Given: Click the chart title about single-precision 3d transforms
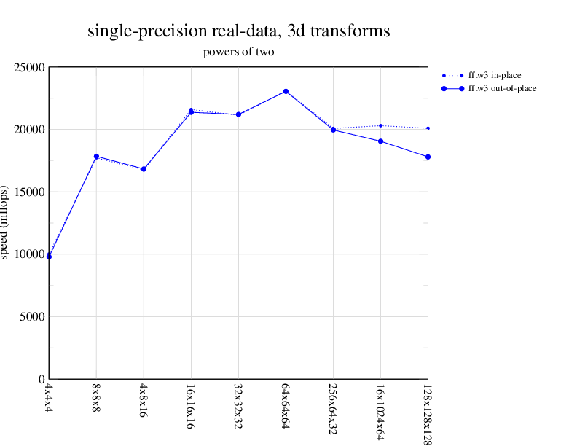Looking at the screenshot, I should [x=239, y=31].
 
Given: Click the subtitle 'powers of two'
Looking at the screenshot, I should [x=238, y=52].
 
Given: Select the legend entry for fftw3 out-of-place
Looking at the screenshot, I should [x=501, y=88].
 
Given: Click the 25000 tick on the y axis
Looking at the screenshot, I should [x=31, y=68].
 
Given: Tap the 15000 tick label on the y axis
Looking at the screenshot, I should [x=31, y=192].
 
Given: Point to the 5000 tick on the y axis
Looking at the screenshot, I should [x=34, y=317].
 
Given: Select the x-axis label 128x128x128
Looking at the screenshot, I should [x=428, y=412].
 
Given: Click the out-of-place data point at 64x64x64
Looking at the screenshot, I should [x=286, y=92].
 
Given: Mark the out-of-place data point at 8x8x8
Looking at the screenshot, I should [x=96, y=157].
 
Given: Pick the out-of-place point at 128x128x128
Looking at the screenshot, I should [x=428, y=157].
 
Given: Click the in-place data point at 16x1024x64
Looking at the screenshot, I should [x=380, y=125].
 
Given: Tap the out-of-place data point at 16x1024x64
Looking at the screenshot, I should [x=380, y=141].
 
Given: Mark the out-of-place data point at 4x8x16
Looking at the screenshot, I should [x=144, y=169].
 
